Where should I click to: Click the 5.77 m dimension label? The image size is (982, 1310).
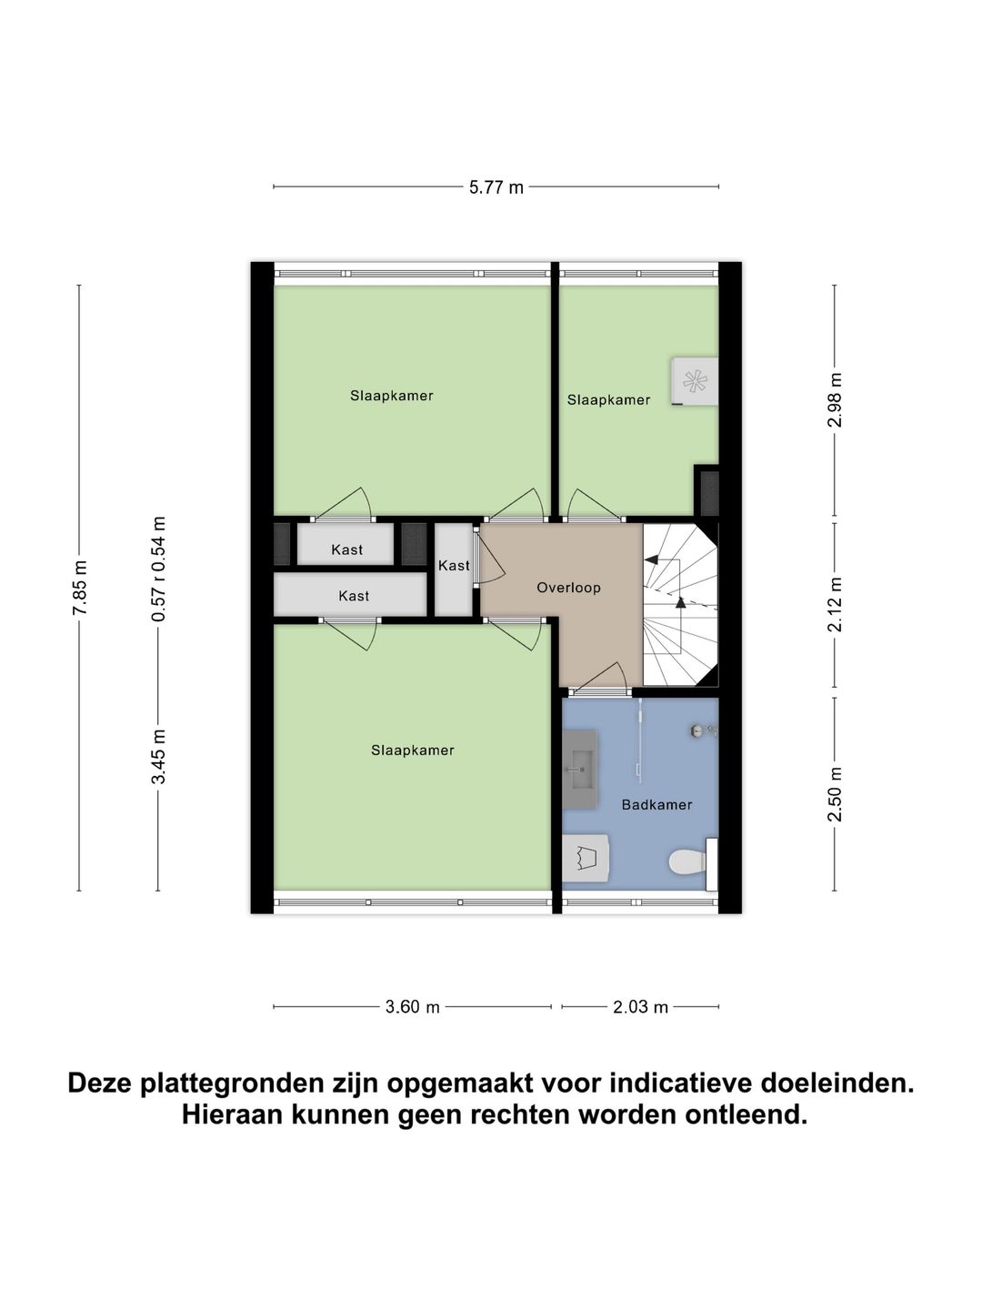click(x=496, y=187)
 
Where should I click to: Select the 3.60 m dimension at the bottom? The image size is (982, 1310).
click(x=412, y=1007)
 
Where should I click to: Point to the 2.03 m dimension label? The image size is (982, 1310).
click(x=640, y=1007)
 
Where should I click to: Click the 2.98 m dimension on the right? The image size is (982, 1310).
click(x=836, y=400)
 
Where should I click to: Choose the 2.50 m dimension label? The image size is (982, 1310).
click(x=836, y=793)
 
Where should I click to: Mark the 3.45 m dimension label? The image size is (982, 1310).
click(x=159, y=756)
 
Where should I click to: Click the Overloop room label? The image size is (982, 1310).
click(x=568, y=588)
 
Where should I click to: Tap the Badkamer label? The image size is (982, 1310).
click(x=656, y=804)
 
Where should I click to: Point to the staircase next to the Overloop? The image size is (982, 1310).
click(x=680, y=604)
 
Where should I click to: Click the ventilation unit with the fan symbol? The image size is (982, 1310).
click(x=695, y=381)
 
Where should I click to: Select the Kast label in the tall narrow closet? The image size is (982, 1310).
click(x=454, y=566)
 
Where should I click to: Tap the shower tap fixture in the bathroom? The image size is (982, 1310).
click(x=704, y=731)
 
